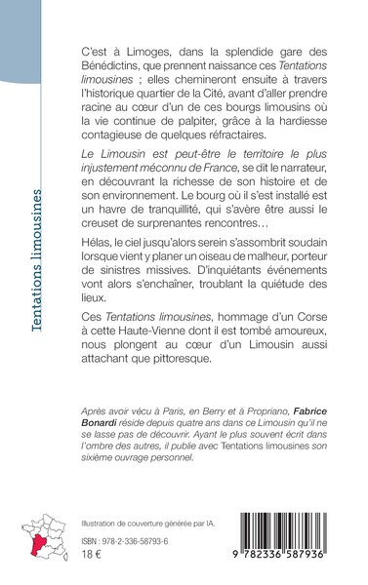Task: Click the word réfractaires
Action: [274, 129]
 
